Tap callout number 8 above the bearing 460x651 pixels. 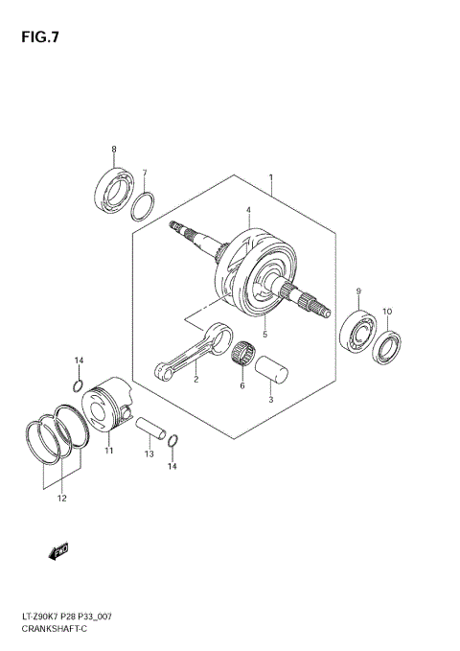114,150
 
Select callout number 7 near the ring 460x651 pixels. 145,174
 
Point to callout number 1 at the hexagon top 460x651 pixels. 271,177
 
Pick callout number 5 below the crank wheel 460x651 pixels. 264,334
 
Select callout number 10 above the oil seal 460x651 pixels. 387,311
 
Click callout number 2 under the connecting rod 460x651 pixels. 195,380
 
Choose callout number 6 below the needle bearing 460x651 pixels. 242,385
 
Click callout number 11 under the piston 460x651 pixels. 109,450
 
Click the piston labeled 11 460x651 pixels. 108,408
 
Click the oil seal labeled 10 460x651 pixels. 388,348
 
